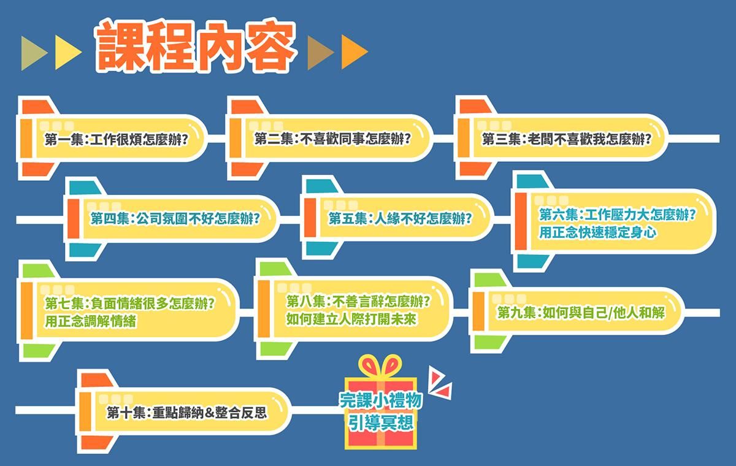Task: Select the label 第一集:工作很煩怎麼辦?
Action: click(116, 139)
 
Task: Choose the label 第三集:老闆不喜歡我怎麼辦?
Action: click(566, 139)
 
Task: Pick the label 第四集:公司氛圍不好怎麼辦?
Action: click(174, 218)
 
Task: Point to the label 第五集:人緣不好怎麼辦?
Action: click(400, 218)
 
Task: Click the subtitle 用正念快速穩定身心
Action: click(590, 232)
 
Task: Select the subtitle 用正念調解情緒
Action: click(91, 320)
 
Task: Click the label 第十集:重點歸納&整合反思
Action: click(186, 412)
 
